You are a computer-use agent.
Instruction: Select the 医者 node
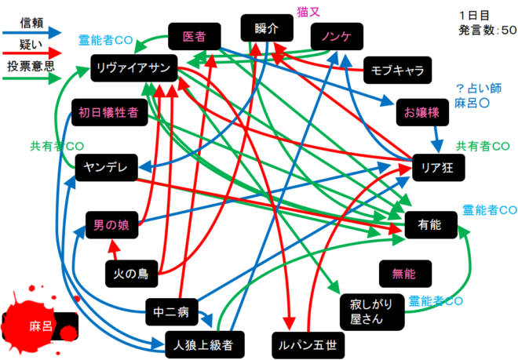coord(194,37)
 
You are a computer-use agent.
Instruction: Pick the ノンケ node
coord(336,37)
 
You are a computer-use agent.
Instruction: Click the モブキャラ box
coord(396,70)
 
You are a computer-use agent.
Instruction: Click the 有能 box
coord(429,225)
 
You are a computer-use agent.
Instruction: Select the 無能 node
coord(403,274)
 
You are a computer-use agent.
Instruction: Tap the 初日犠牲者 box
coord(108,112)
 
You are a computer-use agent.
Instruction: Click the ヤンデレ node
coord(107,167)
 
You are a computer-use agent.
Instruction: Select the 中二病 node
coord(172,313)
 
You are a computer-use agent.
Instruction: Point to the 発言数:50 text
coord(487,30)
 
